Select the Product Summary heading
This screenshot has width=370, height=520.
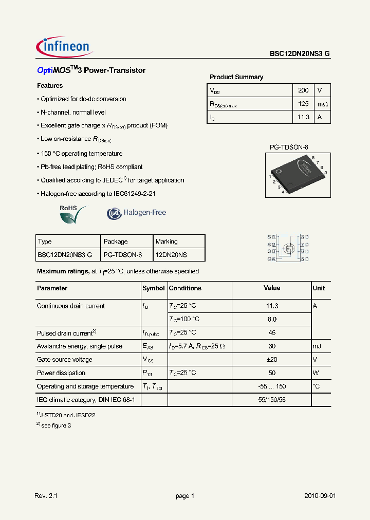coord(236,77)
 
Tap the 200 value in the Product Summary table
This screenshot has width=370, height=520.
coord(303,90)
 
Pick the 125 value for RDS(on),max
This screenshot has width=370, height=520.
coord(303,104)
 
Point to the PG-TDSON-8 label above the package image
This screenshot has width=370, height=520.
coord(289,147)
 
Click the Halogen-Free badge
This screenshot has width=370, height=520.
coord(136,213)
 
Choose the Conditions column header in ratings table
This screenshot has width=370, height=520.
coord(185,288)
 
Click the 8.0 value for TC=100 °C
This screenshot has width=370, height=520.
coord(272,319)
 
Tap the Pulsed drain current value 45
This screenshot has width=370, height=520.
coord(272,332)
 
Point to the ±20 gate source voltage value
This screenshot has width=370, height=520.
coord(272,360)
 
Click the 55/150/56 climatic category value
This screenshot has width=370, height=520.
coord(272,399)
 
